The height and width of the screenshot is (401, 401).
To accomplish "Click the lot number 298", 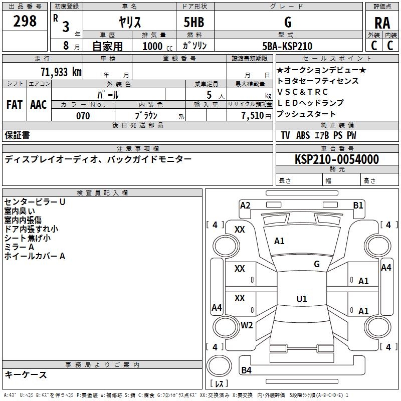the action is tap(25, 21).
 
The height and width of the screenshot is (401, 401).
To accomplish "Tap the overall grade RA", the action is tap(382, 23).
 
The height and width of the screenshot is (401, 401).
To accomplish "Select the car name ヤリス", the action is tap(130, 22).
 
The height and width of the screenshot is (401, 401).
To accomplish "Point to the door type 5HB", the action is tap(194, 22).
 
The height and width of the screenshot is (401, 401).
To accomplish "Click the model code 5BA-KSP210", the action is tap(287, 46).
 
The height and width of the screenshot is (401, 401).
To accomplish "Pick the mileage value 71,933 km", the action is tap(61, 72).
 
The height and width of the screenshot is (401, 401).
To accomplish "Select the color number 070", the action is tap(83, 116).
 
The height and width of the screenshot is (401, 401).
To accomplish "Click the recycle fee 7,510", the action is tap(253, 116).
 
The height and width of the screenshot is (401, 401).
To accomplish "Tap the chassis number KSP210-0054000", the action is tap(337, 159).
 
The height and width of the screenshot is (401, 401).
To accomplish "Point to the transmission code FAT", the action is tap(15, 105).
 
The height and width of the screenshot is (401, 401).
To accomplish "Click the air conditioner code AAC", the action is tap(39, 105).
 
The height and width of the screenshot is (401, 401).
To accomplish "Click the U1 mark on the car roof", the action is tap(302, 299).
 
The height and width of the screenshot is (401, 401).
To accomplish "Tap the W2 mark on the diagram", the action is tap(247, 325).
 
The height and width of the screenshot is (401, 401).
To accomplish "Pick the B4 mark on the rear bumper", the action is tap(246, 370).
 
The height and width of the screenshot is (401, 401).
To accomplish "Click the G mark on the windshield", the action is tap(317, 264).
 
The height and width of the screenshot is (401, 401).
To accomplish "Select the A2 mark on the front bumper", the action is tap(245, 206).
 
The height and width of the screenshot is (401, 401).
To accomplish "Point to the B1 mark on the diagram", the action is tap(358, 206).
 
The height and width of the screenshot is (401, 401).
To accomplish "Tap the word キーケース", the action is tap(26, 374).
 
